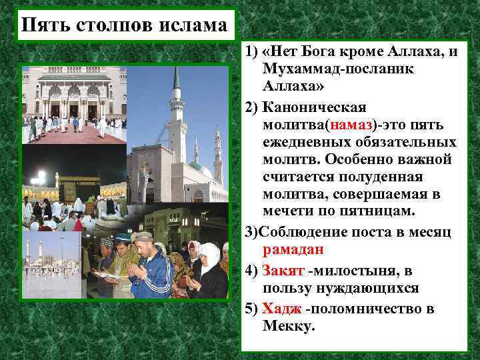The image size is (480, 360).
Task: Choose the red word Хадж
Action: pos(281,309)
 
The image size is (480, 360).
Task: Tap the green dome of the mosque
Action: pos(195,165)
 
